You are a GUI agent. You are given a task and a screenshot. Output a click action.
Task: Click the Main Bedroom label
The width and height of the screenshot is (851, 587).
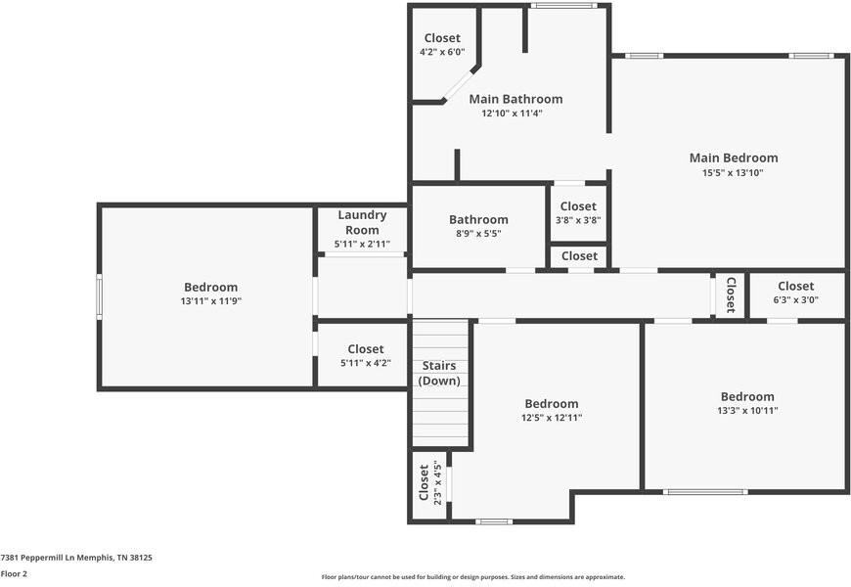[x=733, y=158]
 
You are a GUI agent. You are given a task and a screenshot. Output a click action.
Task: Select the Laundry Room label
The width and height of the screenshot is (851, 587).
[x=362, y=222]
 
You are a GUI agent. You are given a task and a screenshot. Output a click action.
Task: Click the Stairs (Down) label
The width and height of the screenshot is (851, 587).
[x=439, y=373]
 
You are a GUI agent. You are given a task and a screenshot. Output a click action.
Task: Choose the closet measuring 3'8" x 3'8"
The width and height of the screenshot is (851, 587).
[x=577, y=212]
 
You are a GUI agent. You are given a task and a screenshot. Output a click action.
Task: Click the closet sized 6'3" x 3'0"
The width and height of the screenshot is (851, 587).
[x=795, y=293]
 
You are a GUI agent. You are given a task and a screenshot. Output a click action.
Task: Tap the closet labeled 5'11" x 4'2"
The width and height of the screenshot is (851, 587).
[x=365, y=355]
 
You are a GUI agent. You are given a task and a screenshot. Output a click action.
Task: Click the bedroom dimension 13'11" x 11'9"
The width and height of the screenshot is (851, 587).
[x=210, y=301]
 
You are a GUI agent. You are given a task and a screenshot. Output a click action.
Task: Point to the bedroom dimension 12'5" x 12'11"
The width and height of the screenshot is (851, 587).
[x=551, y=418]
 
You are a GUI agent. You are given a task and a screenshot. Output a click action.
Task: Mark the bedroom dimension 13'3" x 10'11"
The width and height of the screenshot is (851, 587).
[x=747, y=411]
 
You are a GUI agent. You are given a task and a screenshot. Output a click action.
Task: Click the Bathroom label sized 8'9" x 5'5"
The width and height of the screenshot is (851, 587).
[x=478, y=226]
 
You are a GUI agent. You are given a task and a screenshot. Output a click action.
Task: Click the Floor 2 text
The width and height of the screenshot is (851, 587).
[x=14, y=574]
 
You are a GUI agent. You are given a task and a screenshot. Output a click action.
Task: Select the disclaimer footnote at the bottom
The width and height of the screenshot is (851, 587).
[x=472, y=577]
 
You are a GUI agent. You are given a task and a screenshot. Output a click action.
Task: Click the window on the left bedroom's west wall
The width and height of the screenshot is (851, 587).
[x=99, y=295]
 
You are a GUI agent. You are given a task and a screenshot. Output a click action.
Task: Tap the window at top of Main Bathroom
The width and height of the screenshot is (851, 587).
[x=562, y=6]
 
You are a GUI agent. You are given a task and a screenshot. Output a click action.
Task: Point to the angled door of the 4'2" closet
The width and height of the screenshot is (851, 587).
[x=457, y=85]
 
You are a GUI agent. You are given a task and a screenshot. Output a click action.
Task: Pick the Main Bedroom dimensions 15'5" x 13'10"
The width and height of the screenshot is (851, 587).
[x=733, y=173]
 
